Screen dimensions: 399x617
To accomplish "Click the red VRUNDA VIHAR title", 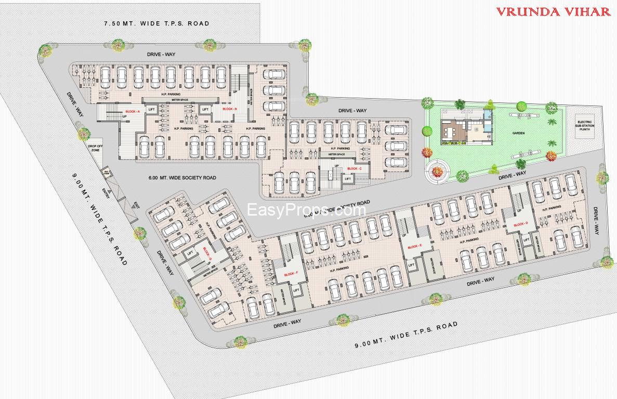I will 553,12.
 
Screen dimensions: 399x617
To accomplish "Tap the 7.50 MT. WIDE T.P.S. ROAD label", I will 156,23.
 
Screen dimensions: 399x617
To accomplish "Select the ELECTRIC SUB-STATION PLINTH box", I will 584,127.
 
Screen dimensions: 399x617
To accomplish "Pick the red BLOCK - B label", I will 229,109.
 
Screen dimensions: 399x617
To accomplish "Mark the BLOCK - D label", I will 520,224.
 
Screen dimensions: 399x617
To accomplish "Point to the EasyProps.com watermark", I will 307,210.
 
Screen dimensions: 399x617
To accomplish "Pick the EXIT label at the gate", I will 136,205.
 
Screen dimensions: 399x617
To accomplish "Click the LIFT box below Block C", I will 347,179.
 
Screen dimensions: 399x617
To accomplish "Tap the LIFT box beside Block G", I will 190,252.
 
